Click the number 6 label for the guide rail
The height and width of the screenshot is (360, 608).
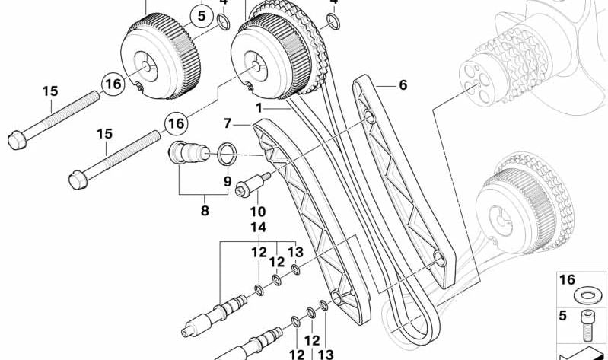point(403,85)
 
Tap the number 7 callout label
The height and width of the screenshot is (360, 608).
point(227,123)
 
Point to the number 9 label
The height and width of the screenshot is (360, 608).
point(227,181)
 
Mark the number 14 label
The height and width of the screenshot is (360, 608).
point(258,227)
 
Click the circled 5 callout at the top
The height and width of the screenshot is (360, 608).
point(202,14)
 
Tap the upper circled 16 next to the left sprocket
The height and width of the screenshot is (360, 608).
point(113,84)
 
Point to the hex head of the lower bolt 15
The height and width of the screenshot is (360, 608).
point(76,180)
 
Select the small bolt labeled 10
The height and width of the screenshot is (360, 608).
point(251,186)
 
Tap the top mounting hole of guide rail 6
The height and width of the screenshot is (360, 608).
point(369,116)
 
